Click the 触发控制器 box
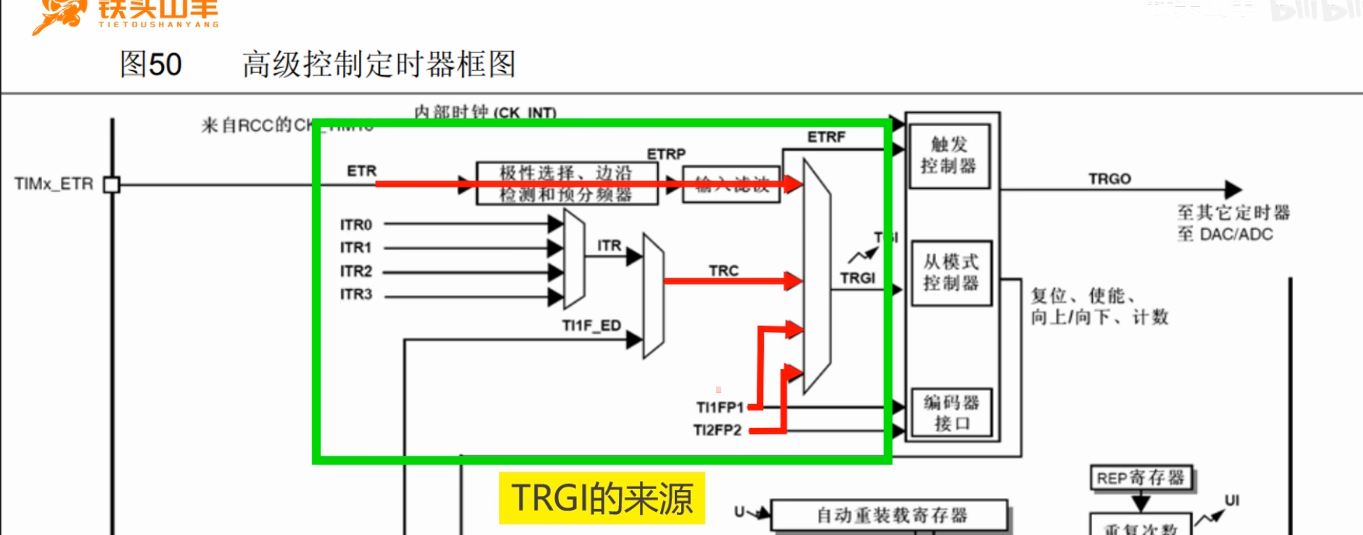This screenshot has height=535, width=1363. [949, 155]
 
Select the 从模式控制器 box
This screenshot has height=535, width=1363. [951, 273]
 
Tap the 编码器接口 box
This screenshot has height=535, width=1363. [951, 413]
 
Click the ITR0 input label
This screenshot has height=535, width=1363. [356, 224]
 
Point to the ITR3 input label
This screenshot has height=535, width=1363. [356, 294]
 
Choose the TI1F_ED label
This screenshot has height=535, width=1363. [591, 326]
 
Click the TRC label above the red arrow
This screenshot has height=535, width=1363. [723, 271]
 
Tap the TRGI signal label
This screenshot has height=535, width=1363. [858, 278]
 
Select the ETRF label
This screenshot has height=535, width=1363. [826, 137]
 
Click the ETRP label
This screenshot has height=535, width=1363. [666, 154]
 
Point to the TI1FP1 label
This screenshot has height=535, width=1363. [720, 407]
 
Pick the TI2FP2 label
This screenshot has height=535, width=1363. [717, 430]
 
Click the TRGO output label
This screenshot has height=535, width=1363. [1110, 179]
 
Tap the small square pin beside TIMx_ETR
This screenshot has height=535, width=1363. [111, 185]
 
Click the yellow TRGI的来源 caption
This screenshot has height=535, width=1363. [601, 498]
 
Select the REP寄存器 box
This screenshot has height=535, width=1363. [1140, 478]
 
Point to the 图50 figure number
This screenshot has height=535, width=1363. [151, 64]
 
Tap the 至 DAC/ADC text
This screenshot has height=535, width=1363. [1224, 234]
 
